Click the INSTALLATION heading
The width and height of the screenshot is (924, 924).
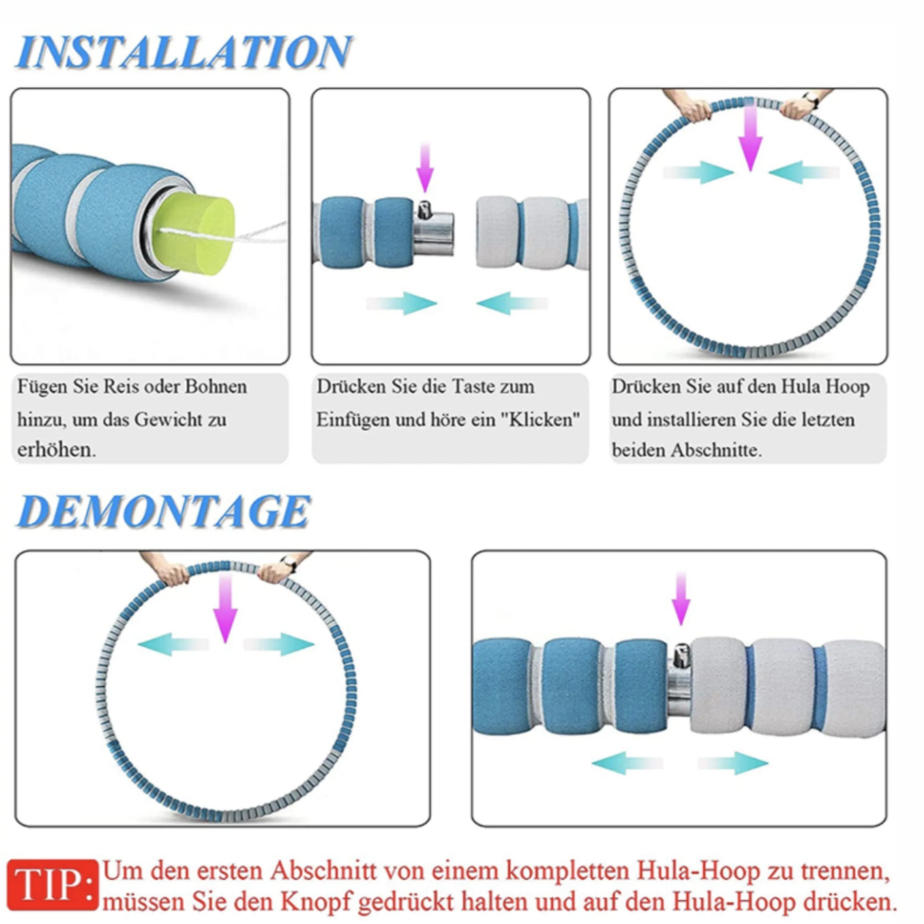(x=184, y=52)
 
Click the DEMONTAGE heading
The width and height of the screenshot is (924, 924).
(x=163, y=511)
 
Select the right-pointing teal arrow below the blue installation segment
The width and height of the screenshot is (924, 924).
(x=401, y=303)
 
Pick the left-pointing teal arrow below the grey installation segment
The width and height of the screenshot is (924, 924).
(x=512, y=303)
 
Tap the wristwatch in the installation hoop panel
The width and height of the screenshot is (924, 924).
(x=811, y=99)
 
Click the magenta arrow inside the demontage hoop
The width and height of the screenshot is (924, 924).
(x=225, y=608)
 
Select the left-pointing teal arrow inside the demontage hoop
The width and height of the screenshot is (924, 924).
(x=174, y=644)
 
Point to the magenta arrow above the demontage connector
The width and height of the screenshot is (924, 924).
(x=681, y=599)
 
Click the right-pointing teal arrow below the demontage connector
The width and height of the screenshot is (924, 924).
(x=733, y=763)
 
